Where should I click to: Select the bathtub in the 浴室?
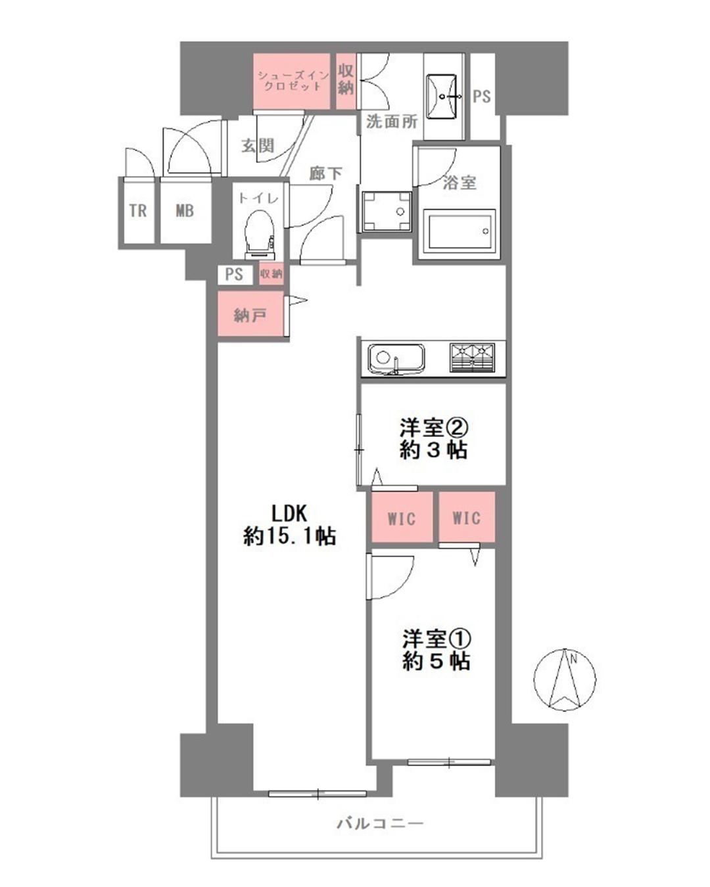[x=459, y=231]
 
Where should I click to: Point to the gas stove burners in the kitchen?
[x=472, y=357]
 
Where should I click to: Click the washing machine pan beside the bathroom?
[x=386, y=212]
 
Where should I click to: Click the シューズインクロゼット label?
[x=293, y=81]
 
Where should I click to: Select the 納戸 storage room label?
[x=250, y=315]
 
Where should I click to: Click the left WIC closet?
[x=402, y=518]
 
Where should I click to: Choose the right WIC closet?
[x=466, y=518]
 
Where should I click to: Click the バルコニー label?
[x=380, y=823]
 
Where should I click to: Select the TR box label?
[x=138, y=211]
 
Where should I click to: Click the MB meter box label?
[x=185, y=211]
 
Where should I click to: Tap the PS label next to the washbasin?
[x=482, y=97]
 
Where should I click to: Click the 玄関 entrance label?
[x=258, y=146]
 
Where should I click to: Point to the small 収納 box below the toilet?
[x=271, y=274]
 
